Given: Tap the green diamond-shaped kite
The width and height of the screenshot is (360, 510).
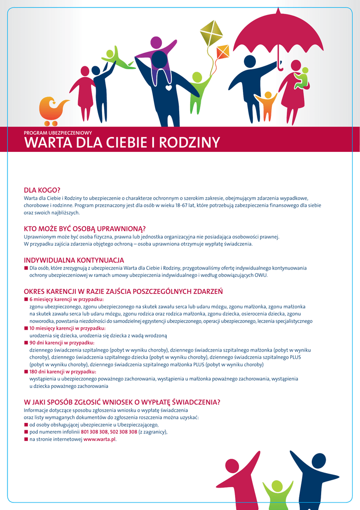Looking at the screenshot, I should point(211,32).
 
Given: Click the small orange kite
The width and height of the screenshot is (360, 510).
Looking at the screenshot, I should point(223,51).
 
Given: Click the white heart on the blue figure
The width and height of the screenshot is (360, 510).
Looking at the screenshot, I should point(169,88).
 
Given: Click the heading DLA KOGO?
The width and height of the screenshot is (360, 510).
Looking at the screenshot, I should point(42,190).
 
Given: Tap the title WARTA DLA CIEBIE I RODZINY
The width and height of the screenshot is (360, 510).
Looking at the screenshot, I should point(122,143).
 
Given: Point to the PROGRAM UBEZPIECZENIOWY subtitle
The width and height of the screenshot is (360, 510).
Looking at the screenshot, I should point(58,133).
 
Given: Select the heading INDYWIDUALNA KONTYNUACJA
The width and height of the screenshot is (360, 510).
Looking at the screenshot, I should point(74,260).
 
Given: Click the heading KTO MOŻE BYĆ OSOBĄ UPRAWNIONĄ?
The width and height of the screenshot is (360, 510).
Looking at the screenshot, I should point(85,229).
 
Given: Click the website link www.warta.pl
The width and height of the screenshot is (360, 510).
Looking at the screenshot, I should point(100,440).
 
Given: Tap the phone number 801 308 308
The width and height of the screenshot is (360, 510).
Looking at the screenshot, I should point(94,432).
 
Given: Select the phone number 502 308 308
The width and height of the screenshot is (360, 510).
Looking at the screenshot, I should point(123,432).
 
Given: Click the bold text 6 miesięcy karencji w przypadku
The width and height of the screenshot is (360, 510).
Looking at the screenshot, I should point(66,299).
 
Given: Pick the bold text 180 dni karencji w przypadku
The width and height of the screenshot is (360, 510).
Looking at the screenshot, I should point(62,372).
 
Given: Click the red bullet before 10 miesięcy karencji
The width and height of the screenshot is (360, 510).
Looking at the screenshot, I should point(26,329).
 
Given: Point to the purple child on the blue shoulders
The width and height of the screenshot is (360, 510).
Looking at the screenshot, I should point(156,50).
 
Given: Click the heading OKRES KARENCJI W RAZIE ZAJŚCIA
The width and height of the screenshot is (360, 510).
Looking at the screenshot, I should point(123,291).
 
